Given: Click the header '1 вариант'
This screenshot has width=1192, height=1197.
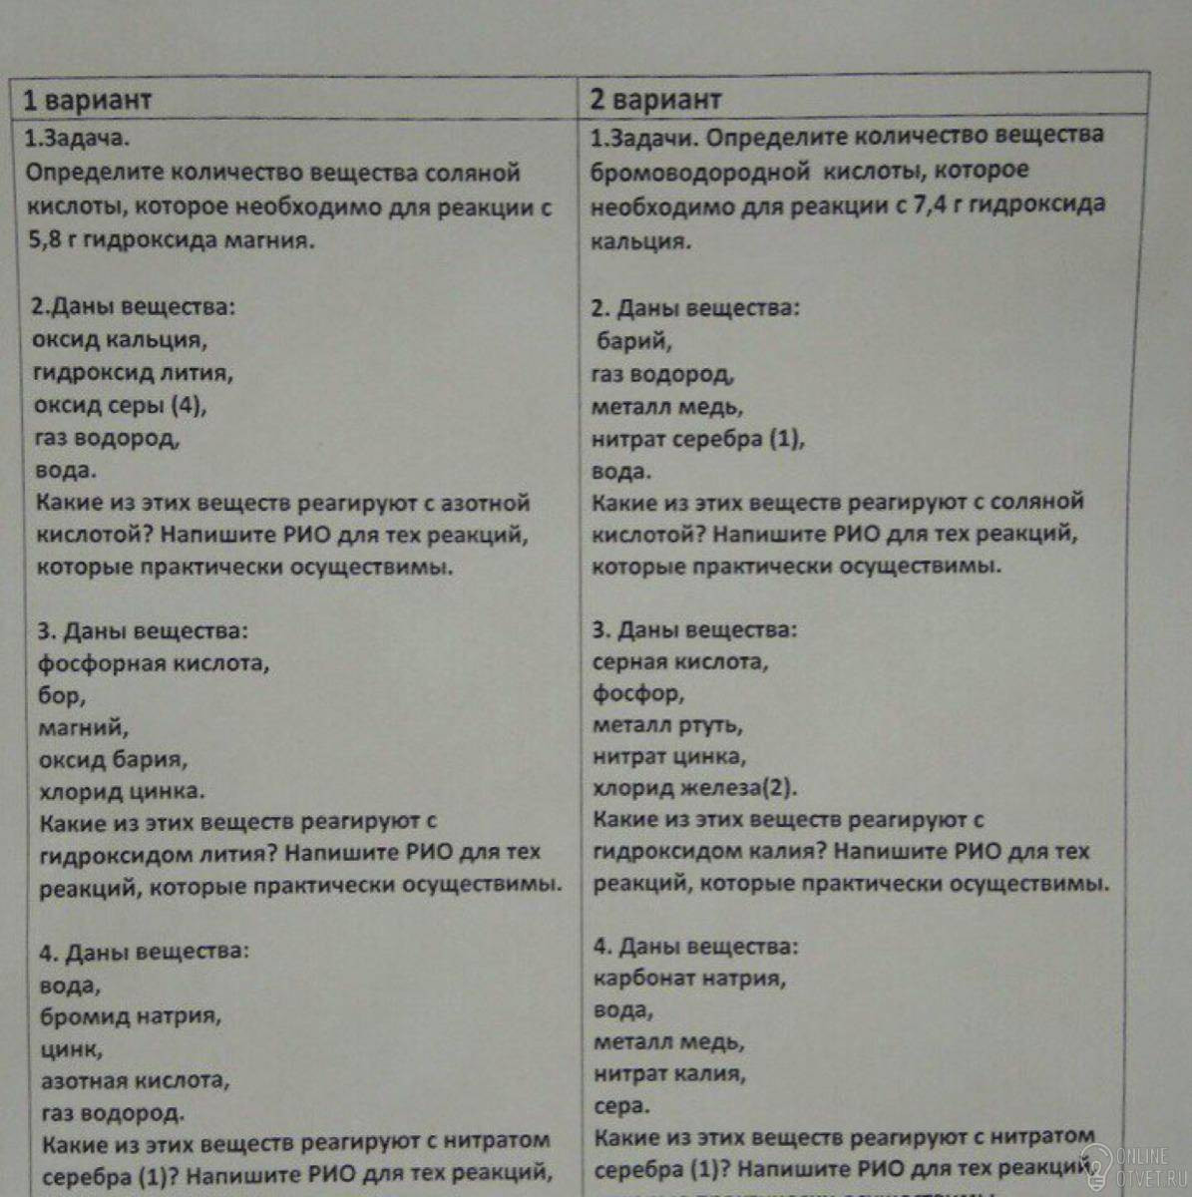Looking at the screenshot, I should pos(88,100).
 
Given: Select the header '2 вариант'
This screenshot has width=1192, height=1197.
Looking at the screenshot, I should pos(654,99).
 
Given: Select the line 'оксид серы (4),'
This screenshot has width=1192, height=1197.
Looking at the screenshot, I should pos(120,405).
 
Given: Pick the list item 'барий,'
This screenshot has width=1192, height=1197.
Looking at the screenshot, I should pos(634,341).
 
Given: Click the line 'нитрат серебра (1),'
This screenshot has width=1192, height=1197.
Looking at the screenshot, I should pos(697,439).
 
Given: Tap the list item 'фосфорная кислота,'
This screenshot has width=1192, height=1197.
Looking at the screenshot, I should pos(154,662).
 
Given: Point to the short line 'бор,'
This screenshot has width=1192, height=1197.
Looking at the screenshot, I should pos(62,695).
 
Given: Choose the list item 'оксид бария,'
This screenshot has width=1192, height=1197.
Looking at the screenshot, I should pos(112,759).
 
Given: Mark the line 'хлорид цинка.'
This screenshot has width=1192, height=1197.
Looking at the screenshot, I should pos(122,791).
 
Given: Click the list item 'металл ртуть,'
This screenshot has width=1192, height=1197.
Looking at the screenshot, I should pos(667,725).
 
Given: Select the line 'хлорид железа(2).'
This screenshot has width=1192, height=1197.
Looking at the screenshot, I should pos(695,788).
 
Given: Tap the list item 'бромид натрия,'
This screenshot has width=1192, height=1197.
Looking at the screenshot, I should pos(131,1016).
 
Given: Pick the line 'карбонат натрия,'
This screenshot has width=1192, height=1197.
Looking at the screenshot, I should pos(689,978).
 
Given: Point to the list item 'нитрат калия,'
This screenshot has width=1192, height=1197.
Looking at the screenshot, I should pos(669,1073).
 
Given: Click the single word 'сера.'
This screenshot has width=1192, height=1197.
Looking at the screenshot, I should pos(621,1105).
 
